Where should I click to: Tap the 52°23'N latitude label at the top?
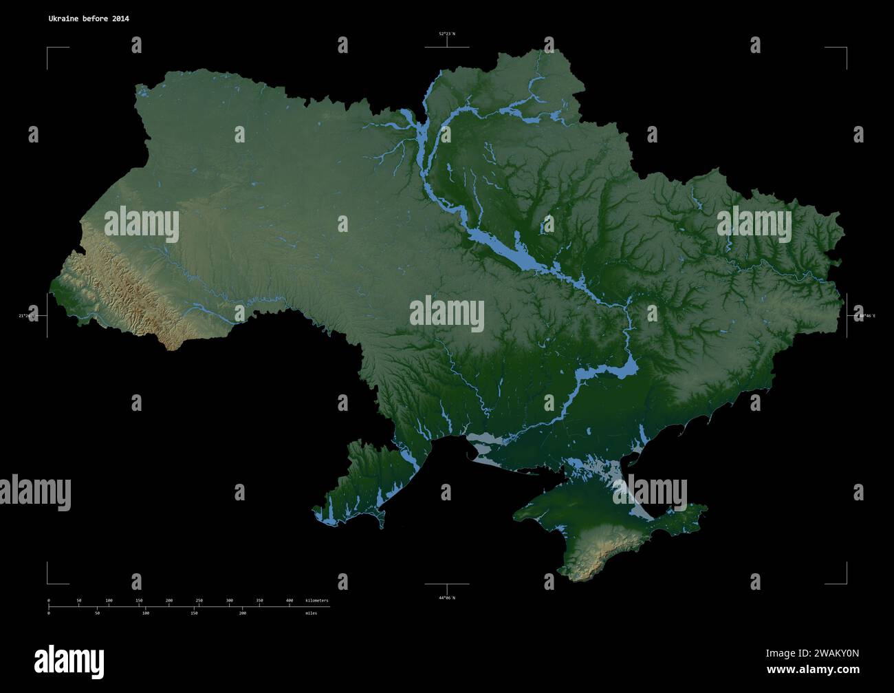(447, 33)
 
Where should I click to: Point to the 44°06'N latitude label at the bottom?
(447, 597)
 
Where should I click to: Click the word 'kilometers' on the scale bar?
(317, 601)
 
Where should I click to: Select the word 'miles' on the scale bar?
(312, 612)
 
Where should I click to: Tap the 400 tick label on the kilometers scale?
(290, 601)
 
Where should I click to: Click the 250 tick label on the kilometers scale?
(199, 601)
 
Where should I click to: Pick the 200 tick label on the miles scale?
(242, 612)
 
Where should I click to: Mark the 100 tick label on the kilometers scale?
(109, 601)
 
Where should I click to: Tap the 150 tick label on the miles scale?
(194, 612)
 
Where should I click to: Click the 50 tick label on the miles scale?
(97, 612)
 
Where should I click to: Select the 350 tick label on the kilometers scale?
(259, 601)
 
